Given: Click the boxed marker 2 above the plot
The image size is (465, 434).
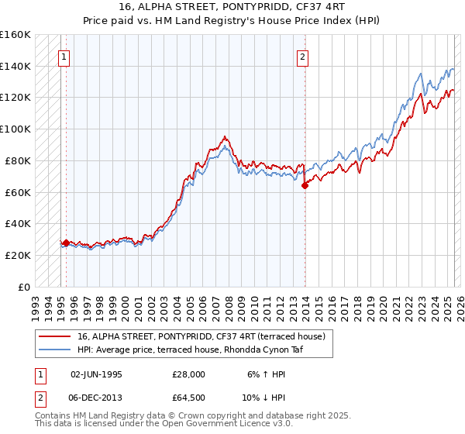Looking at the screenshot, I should [x=304, y=56].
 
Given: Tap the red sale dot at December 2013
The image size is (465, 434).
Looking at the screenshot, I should [x=305, y=184].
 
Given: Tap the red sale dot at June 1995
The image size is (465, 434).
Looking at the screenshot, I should [x=67, y=243].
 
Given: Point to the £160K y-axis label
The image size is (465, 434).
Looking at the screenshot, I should [x=15, y=35].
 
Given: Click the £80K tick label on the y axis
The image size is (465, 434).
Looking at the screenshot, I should [x=18, y=160].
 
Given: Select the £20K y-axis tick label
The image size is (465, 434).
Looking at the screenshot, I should [x=18, y=255].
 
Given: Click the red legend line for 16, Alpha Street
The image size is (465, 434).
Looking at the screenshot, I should [x=56, y=336].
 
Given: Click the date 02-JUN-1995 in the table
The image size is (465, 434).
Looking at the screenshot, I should [x=96, y=374].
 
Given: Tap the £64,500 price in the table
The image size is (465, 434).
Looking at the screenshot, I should [x=189, y=398].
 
